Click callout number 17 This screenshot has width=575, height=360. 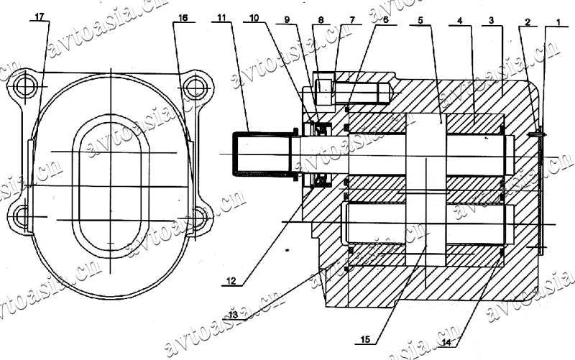(x=40, y=17)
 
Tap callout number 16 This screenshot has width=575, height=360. (x=183, y=17)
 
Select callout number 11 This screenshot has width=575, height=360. (x=221, y=17)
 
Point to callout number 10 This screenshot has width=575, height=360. (x=254, y=17)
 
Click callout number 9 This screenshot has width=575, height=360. (x=287, y=19)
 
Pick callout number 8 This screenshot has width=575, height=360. (x=321, y=20)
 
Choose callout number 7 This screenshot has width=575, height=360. (x=352, y=20)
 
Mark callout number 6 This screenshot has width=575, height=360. (x=385, y=20)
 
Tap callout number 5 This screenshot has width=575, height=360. (x=420, y=20)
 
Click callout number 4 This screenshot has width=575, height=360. (x=460, y=21)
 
